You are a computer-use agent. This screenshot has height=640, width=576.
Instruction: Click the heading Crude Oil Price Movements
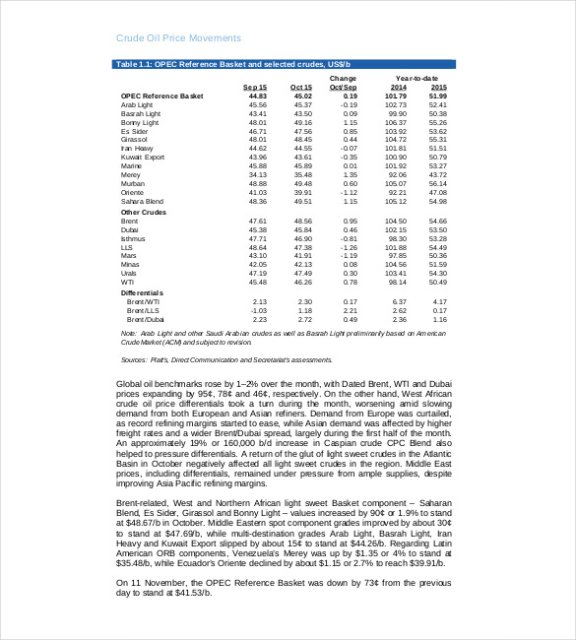(x=178, y=38)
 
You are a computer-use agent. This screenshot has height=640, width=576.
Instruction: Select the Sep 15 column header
(x=255, y=87)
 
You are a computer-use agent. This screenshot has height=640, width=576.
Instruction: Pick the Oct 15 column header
(x=300, y=87)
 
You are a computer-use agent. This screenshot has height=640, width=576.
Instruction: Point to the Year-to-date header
(x=416, y=78)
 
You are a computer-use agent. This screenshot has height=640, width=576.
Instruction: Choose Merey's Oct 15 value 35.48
(x=302, y=174)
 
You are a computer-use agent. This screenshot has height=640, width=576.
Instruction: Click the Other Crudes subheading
(x=144, y=212)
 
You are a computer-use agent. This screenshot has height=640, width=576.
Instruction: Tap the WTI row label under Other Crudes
(x=127, y=282)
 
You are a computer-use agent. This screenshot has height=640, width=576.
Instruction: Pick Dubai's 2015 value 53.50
(x=439, y=229)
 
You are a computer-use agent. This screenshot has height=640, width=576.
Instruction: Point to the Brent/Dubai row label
(x=142, y=319)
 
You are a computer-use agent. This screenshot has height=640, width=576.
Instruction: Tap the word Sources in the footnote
(x=134, y=359)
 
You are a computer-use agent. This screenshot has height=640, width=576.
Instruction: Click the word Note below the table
(x=125, y=334)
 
